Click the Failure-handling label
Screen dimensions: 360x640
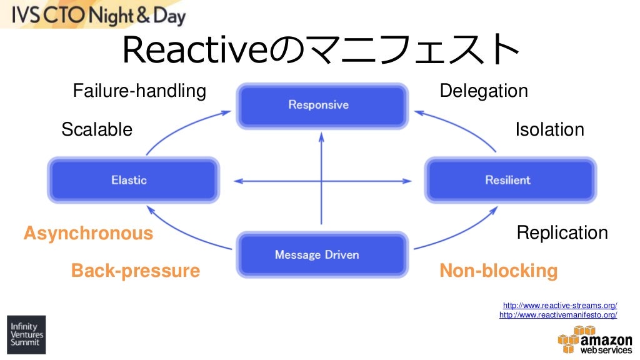[139, 91]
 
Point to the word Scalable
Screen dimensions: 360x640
[97, 129]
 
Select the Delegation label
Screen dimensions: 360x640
[484, 91]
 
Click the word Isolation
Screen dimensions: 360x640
[549, 129]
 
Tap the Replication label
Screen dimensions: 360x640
[562, 233]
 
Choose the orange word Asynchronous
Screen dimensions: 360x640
[88, 233]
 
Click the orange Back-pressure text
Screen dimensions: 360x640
[136, 271]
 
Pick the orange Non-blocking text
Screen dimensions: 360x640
[498, 271]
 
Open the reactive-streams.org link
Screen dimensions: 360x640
[560, 306]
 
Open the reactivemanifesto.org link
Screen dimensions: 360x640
[558, 315]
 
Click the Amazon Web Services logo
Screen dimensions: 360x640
[594, 342]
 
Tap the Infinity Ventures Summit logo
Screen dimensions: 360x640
[26, 334]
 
